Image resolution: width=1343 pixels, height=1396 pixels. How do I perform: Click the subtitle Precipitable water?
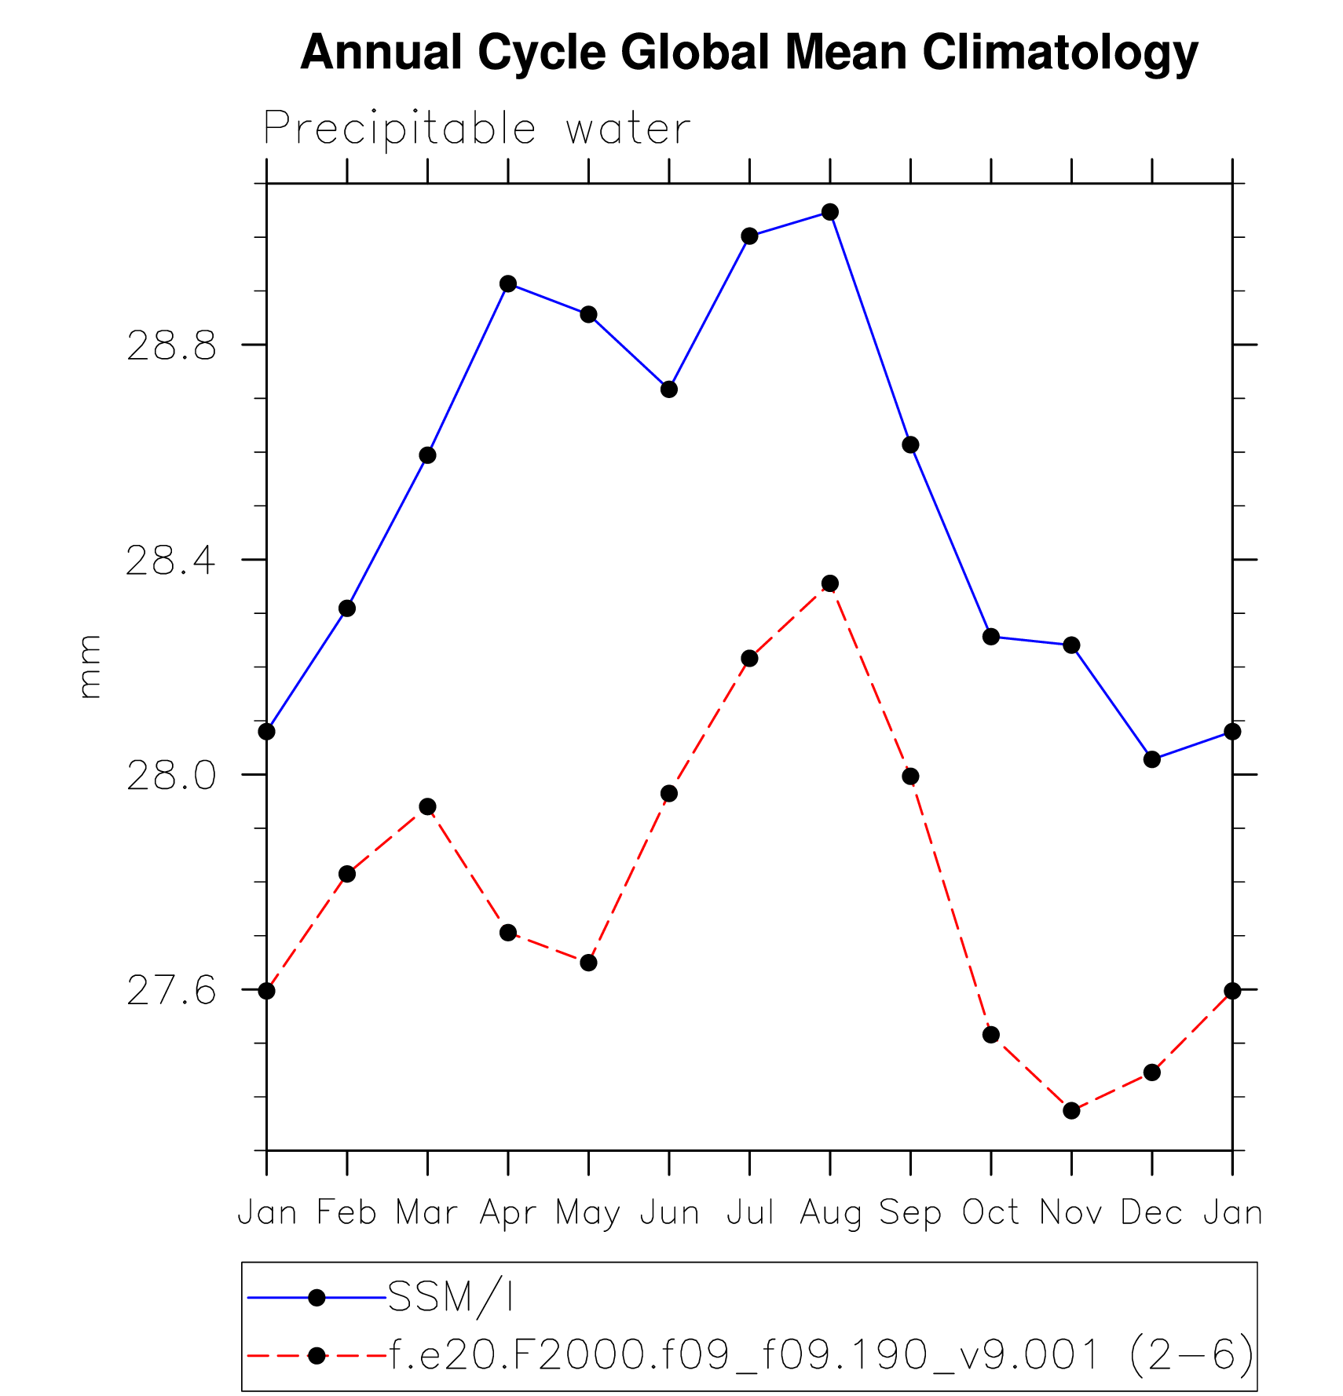[x=477, y=128]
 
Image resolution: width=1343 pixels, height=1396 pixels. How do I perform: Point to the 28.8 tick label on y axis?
[x=171, y=345]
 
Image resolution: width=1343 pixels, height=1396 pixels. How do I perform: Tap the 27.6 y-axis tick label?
[x=171, y=991]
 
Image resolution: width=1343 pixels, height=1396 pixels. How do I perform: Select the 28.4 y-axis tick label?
[x=171, y=561]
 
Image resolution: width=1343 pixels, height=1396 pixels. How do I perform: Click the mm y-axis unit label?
[x=90, y=667]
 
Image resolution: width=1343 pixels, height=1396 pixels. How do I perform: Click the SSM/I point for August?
[x=830, y=212]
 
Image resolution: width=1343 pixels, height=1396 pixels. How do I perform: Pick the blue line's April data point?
[x=508, y=283]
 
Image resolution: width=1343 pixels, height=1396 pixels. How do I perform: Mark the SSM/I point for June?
[x=669, y=389]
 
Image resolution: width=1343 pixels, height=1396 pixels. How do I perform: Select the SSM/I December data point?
[x=1152, y=759]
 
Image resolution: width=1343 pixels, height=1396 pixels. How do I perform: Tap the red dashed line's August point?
[x=830, y=583]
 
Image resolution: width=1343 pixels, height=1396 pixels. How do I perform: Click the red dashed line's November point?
[x=1071, y=1110]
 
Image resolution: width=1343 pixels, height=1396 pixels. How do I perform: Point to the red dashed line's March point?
[x=427, y=807]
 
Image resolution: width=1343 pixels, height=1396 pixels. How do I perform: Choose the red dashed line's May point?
[x=588, y=963]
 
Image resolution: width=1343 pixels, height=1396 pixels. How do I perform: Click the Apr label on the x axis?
[x=508, y=1214]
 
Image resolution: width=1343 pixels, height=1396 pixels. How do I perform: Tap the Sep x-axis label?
[x=910, y=1214]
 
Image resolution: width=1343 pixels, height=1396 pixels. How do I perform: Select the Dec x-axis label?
[x=1152, y=1214]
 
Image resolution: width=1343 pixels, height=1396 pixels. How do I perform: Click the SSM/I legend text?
[x=451, y=1297]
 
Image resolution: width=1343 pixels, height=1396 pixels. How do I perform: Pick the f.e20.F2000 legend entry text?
[x=822, y=1356]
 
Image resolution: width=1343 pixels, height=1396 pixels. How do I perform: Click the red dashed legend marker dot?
[x=317, y=1356]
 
